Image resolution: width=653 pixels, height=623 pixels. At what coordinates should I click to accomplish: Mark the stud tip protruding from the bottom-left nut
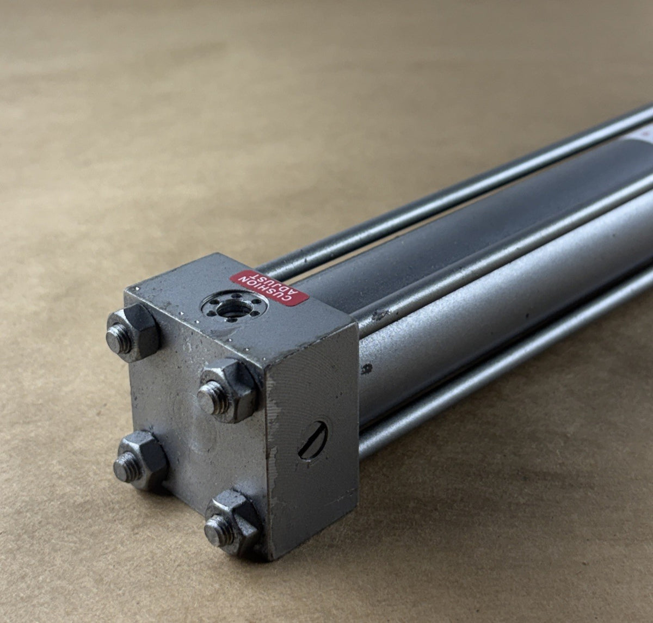coord(126,466)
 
